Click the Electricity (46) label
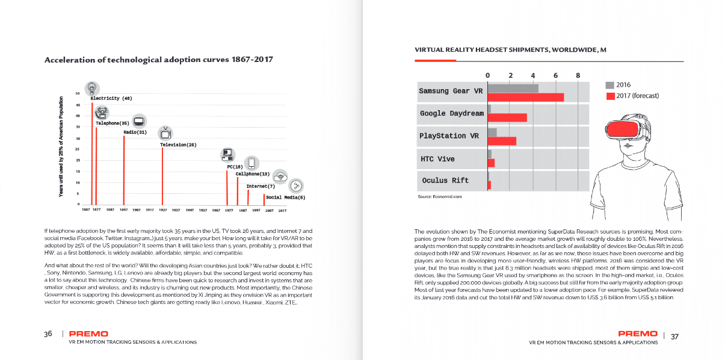click(x=111, y=98)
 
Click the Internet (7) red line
click(x=248, y=197)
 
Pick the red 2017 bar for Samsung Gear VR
click(x=526, y=97)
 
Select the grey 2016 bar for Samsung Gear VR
click(x=513, y=88)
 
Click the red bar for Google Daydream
click(x=507, y=117)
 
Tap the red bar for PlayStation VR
click(x=502, y=141)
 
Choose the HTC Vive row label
click(x=437, y=159)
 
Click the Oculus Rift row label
click(x=445, y=180)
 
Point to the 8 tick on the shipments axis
click(x=578, y=75)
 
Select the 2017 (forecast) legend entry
click(x=637, y=96)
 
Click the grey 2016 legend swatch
click(x=609, y=85)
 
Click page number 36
click(x=48, y=334)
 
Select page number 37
click(x=674, y=336)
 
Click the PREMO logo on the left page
click(x=88, y=334)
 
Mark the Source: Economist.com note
click(x=439, y=197)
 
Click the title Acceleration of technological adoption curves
click(x=159, y=60)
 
